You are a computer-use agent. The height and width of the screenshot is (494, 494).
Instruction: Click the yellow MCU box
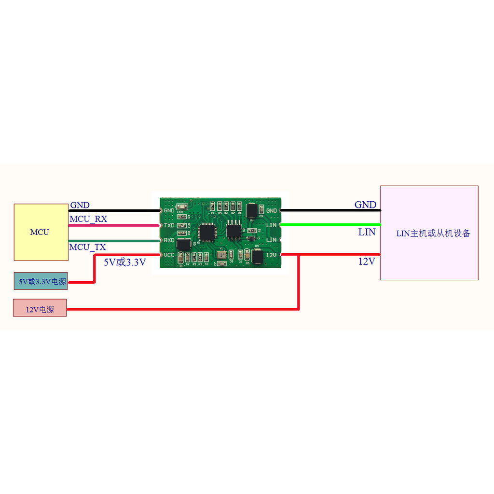coord(41,232)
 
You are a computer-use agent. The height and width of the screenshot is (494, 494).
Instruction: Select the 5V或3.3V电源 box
coord(41,281)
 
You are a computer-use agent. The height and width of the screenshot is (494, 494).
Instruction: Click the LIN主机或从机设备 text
coord(433,233)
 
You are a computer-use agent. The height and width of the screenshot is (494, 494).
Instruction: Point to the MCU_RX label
coord(88,220)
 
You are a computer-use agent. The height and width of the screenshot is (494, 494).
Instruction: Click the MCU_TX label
coord(87,247)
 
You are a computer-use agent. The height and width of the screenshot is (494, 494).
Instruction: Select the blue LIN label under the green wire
coord(367,233)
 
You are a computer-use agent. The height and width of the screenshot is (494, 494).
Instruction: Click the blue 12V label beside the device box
coord(367,262)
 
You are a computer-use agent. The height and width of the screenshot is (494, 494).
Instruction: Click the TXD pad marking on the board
coord(169,225)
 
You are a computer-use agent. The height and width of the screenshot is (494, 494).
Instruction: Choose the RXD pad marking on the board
coord(169,240)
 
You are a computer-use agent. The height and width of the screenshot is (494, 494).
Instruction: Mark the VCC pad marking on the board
coord(169,255)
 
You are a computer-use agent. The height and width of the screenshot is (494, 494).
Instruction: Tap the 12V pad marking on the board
coord(272,254)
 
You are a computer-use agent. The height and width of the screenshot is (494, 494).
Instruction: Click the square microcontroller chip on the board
coord(207,232)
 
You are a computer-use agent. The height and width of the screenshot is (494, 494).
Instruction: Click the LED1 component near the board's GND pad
coord(182,205)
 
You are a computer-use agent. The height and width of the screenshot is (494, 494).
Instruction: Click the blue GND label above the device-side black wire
coord(365,205)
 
